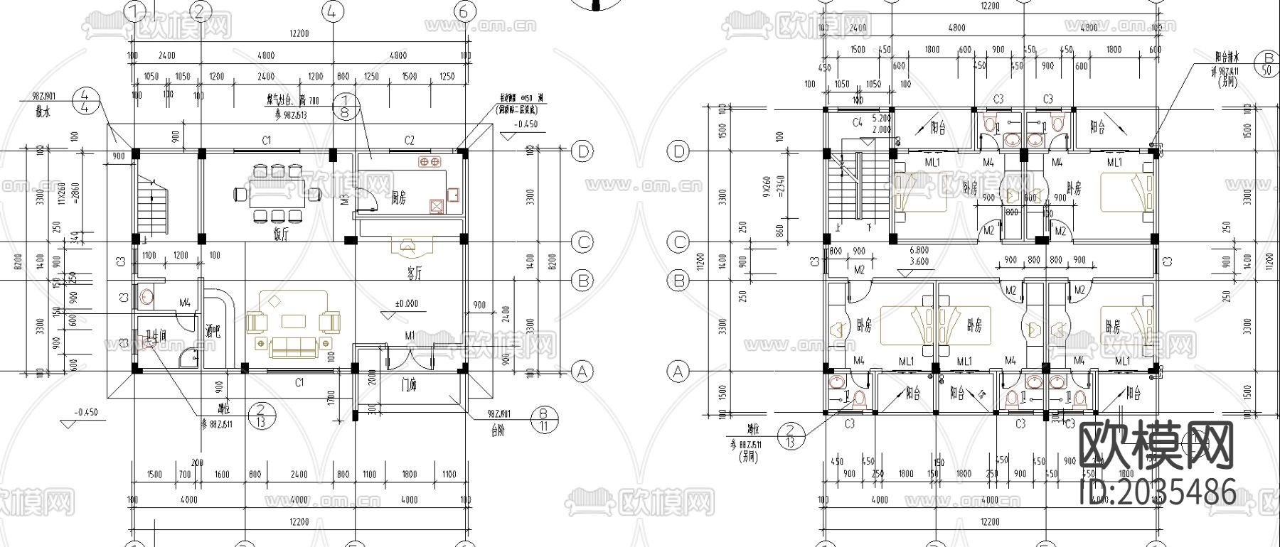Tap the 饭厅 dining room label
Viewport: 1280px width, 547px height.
279,232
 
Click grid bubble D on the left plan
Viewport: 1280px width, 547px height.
582,151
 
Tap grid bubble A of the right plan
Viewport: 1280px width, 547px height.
678,371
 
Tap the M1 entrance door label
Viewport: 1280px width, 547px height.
410,335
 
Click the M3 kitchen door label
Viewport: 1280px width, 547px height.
345,199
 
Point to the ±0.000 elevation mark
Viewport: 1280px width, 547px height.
406,303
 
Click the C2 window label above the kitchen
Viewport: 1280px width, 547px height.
409,141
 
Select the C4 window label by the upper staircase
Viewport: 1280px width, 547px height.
858,122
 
